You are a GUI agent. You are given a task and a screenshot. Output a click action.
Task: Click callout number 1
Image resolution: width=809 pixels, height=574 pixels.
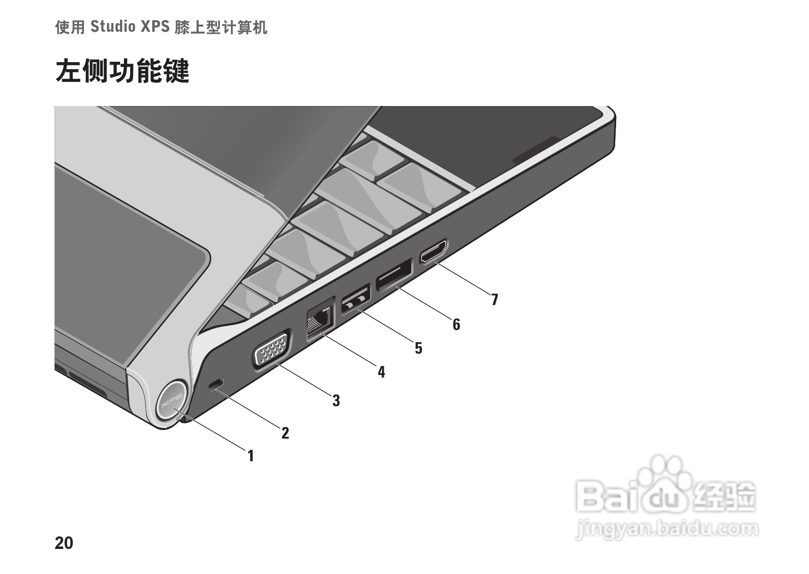pos(250,455)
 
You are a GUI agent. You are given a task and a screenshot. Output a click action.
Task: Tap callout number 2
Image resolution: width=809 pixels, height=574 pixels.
pos(285,433)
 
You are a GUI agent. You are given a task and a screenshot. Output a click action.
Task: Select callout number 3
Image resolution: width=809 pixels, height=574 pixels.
pos(336,400)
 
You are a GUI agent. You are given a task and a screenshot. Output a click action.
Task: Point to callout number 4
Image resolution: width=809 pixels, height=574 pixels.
pos(381,372)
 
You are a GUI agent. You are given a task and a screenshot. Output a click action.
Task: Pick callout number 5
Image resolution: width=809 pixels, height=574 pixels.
pos(418,347)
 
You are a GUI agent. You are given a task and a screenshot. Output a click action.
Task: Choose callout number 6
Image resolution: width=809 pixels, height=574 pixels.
pos(456,324)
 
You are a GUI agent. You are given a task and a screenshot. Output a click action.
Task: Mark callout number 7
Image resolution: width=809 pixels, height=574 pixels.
pos(494,299)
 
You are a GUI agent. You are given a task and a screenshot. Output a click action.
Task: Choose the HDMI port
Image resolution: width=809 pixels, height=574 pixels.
pos(433,252)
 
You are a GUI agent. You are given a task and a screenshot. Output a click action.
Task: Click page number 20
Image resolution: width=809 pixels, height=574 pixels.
pos(64,543)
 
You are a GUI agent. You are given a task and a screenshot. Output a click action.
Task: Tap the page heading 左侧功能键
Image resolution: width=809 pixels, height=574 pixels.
pos(122,71)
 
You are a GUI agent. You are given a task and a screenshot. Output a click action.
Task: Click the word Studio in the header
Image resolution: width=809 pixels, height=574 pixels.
pos(113,27)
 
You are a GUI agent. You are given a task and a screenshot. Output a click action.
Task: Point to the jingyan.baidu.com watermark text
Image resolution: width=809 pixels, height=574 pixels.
pos(667,530)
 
